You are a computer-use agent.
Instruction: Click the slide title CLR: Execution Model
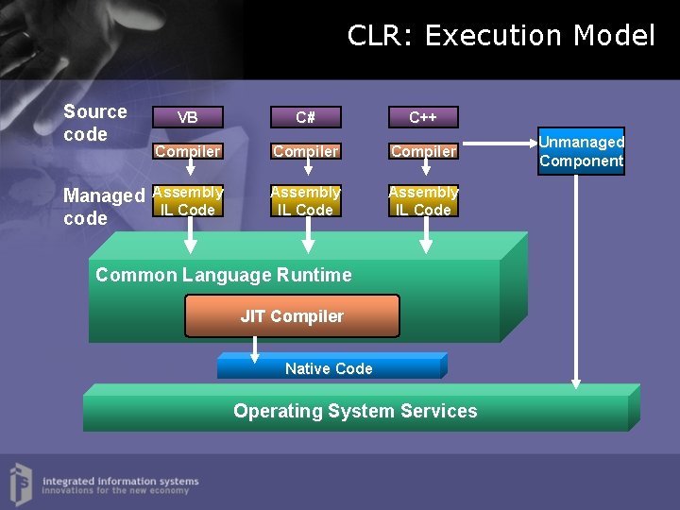(x=501, y=36)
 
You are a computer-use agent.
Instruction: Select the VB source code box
(x=188, y=117)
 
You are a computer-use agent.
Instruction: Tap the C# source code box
(x=305, y=117)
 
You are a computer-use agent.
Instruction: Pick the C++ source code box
(x=422, y=117)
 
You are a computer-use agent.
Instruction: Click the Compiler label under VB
(x=188, y=151)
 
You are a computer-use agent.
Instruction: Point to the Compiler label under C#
(x=305, y=151)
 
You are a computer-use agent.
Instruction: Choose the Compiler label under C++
(x=423, y=151)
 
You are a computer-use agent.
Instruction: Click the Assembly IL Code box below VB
(x=188, y=201)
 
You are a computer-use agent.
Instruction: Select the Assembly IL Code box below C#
(x=305, y=201)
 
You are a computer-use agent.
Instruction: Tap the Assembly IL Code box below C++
(x=423, y=201)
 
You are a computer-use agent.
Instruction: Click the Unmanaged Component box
(x=582, y=151)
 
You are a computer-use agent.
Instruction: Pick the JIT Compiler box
(x=292, y=316)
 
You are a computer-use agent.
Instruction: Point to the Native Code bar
(x=329, y=367)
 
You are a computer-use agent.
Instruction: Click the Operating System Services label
(x=355, y=411)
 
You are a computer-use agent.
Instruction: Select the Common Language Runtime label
(x=224, y=275)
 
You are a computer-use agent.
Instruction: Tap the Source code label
(x=94, y=123)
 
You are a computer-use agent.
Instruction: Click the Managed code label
(x=102, y=207)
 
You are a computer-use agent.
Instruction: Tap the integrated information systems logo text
(x=120, y=485)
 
